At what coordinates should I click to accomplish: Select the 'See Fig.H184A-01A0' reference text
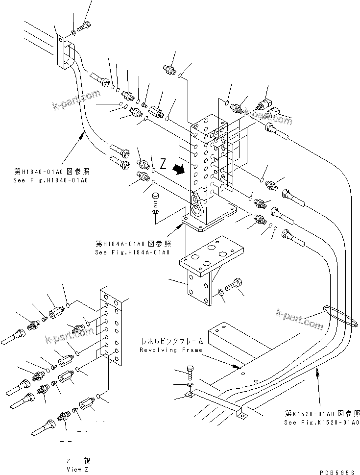132,252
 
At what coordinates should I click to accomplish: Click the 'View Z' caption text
78,469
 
